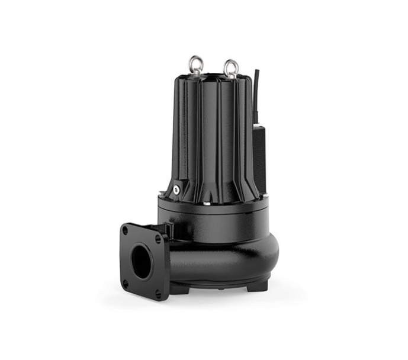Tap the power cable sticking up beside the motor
coord(256,89)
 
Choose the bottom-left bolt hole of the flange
coord(126,284)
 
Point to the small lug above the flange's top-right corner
coord(168,227)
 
